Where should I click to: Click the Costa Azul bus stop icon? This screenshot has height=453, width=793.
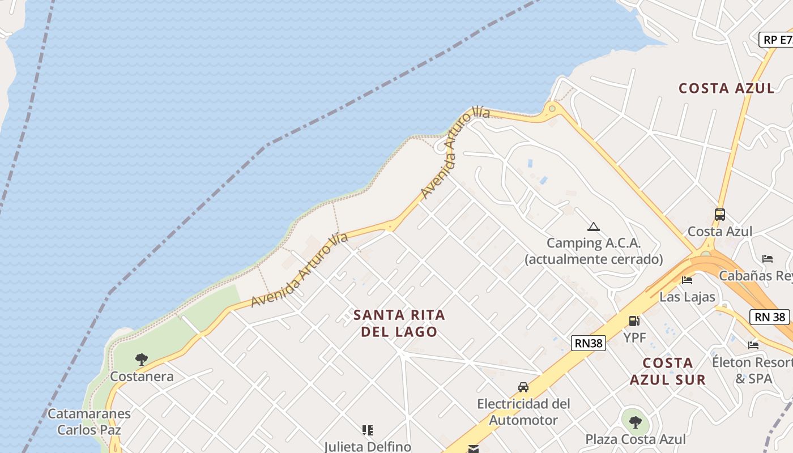720,215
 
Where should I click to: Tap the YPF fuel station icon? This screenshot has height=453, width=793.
634,321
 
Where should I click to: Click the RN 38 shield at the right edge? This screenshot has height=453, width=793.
770,317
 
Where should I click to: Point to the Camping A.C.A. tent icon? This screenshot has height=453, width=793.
593,227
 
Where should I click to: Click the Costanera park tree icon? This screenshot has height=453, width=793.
141,359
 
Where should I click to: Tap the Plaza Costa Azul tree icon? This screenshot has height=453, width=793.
636,422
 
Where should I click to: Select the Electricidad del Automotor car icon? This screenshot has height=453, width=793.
523,387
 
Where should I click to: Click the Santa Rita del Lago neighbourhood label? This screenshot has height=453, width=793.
399,323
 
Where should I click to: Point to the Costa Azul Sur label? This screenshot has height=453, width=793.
668,371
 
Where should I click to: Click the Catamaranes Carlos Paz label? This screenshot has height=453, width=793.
89,421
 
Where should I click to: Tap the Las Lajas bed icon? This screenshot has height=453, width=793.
687,280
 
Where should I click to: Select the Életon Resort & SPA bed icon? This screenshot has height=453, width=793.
753,344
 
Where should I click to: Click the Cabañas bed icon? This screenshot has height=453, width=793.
768,258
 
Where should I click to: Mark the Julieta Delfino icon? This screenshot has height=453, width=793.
368,430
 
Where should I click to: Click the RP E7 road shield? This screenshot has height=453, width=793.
777,40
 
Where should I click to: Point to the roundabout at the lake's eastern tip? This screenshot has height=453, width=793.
552,108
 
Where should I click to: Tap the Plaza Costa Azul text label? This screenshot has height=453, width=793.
636,439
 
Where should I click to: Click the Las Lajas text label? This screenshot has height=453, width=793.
688,297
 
